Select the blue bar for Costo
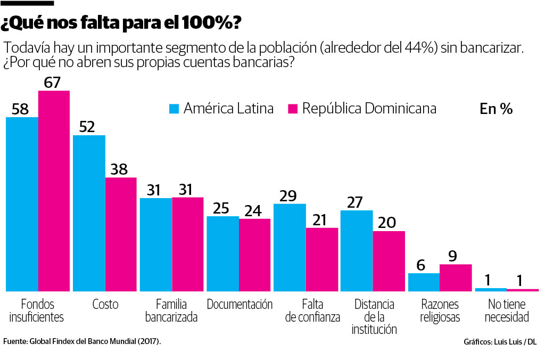[89, 213]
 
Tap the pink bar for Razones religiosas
[456, 277]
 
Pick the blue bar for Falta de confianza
[290, 247]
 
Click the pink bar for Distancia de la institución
[389, 261]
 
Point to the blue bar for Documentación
[222, 253]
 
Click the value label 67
[53, 83]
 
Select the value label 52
[87, 127]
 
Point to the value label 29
[288, 195]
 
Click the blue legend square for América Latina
[174, 109]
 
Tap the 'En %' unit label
[496, 109]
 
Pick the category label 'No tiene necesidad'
[506, 310]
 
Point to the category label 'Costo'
[105, 305]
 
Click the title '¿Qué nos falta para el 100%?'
[121, 23]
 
